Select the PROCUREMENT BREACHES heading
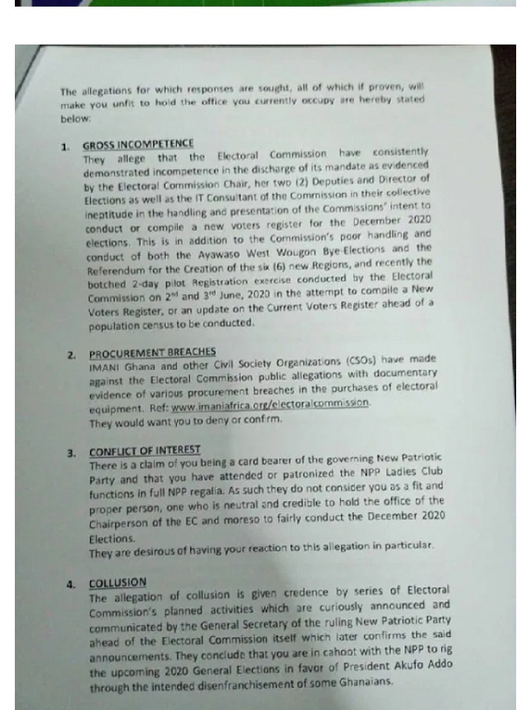[x=152, y=352]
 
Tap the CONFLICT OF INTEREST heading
[x=144, y=452]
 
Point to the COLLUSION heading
[x=118, y=583]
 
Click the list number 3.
[x=71, y=452]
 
